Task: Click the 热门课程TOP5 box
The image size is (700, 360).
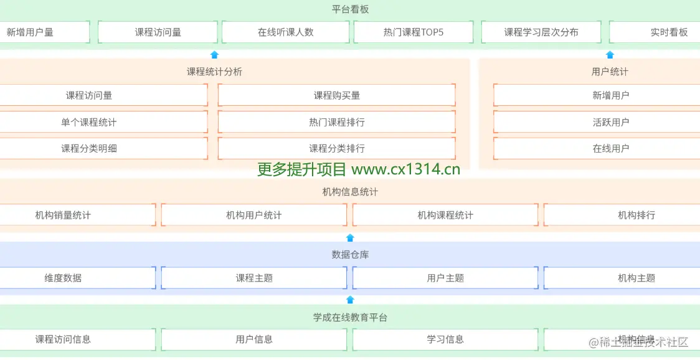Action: pos(414,32)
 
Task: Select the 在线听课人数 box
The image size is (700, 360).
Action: pos(285,32)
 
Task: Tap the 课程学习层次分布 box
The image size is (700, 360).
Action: pos(541,32)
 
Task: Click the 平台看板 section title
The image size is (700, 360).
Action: pos(351,9)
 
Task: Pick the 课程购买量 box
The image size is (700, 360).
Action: pos(336,95)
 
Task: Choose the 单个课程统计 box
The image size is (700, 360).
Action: pos(88,122)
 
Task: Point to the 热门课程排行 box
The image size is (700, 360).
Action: pos(336,122)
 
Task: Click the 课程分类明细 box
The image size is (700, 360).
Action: pos(88,148)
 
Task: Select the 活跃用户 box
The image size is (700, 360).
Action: pos(610,122)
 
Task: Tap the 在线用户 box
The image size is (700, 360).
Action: pos(610,148)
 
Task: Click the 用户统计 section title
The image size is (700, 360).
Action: pos(610,72)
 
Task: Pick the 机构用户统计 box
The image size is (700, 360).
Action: pos(253,215)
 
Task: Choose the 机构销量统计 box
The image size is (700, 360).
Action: pos(63,215)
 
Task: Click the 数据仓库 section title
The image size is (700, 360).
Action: pos(350,255)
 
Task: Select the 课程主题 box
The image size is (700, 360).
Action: pos(253,278)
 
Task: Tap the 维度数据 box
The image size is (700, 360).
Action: pos(63,278)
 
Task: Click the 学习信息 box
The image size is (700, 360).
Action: pos(445,339)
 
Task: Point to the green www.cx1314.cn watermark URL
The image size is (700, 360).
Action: pos(405,169)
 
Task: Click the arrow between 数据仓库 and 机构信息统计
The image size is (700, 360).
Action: pos(350,237)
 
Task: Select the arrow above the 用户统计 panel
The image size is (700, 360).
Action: pos(610,55)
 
